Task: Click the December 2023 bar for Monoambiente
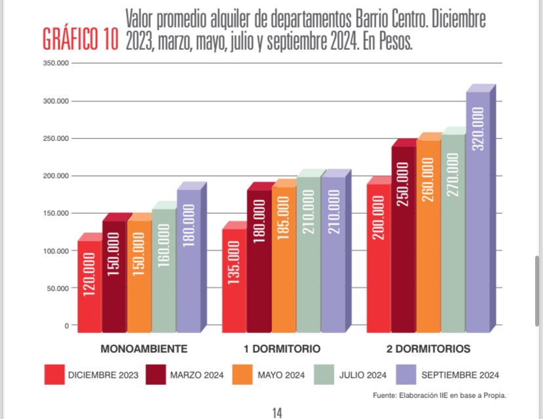[x=89, y=286]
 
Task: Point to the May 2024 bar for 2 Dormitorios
[x=428, y=236]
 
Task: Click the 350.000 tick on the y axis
[x=54, y=64]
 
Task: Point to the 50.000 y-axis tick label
[x=56, y=288]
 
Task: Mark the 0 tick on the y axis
[x=66, y=326]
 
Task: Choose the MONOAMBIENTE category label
[x=144, y=348]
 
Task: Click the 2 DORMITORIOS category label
[x=428, y=348]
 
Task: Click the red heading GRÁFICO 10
[x=80, y=39]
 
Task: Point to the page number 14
[x=277, y=412]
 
